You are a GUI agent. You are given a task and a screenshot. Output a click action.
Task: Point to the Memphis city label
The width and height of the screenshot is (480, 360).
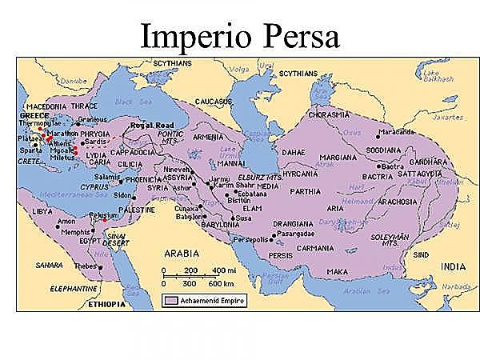pyautogui.click(x=75, y=231)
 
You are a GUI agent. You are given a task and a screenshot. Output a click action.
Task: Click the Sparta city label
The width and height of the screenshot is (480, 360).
pyautogui.click(x=30, y=150)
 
